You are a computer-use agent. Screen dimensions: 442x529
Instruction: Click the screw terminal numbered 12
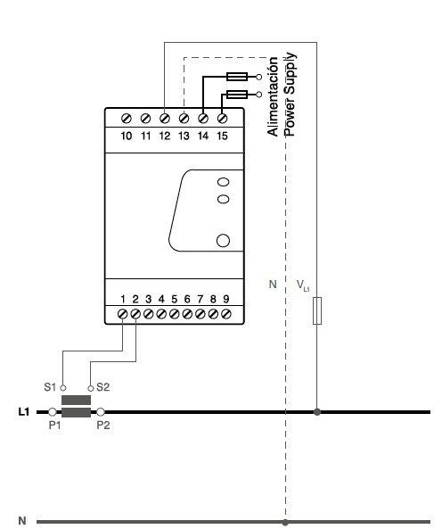tap(164, 119)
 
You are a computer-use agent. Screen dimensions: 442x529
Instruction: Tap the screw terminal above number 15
tap(222, 119)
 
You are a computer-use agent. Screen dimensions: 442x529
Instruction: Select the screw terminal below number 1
tap(122, 314)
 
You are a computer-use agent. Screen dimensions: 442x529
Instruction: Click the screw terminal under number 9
tap(226, 314)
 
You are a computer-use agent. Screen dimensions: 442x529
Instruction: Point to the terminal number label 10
tap(127, 136)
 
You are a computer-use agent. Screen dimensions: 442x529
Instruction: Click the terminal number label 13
tap(184, 136)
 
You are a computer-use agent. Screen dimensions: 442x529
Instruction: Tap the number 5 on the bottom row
tap(174, 299)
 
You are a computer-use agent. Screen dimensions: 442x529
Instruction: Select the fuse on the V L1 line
tap(317, 310)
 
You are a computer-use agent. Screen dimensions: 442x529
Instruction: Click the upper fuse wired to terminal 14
tap(237, 77)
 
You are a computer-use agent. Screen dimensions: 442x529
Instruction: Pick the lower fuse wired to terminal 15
tap(237, 95)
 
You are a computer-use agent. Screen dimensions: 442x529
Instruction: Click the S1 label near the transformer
tap(50, 387)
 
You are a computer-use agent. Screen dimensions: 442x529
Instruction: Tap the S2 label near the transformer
tap(103, 387)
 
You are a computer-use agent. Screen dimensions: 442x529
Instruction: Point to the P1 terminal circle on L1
tap(53, 412)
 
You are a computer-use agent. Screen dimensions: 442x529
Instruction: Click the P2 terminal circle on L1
tap(101, 412)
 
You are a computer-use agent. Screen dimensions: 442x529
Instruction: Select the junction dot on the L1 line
tap(317, 412)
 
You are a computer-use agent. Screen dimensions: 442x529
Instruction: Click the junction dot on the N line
tap(285, 523)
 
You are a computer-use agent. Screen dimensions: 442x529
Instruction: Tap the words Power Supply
tap(290, 95)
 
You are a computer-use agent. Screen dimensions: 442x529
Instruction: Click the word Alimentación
tap(273, 96)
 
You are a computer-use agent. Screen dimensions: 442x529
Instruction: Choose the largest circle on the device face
tap(223, 241)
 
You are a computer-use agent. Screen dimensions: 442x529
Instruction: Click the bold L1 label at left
tap(24, 412)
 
